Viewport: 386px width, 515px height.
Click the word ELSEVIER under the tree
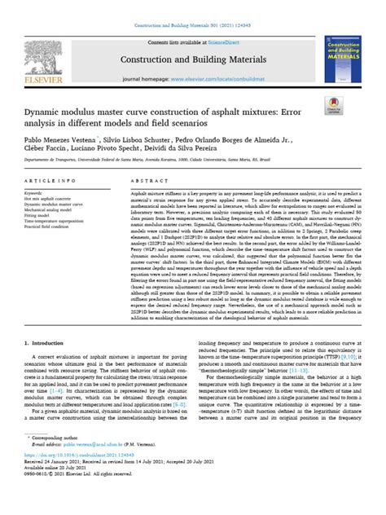(x=34, y=78)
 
